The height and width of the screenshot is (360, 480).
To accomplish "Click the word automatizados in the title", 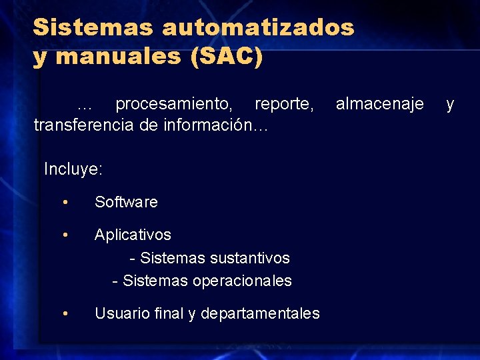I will pos(257,27).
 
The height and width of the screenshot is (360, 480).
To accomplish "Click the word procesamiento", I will pos(174,104).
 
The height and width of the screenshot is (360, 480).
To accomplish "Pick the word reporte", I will pos(284,104).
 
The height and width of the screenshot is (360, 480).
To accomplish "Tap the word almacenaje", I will pos(379,103).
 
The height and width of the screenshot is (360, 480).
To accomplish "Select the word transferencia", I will pos(83,125).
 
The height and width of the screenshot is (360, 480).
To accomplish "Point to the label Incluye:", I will pos(73,169).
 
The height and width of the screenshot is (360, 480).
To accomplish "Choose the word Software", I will pos(126,202).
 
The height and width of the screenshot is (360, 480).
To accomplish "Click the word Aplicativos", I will pos(133,235).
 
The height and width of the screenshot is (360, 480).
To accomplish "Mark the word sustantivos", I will pos(250,257).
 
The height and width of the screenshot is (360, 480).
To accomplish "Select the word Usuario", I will pos(121,313).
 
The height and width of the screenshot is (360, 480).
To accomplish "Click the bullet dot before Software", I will pos(65,202).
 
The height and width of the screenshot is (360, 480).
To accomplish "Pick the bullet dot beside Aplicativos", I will pos(65,235).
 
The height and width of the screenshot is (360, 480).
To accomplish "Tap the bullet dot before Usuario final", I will pos(65,313).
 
